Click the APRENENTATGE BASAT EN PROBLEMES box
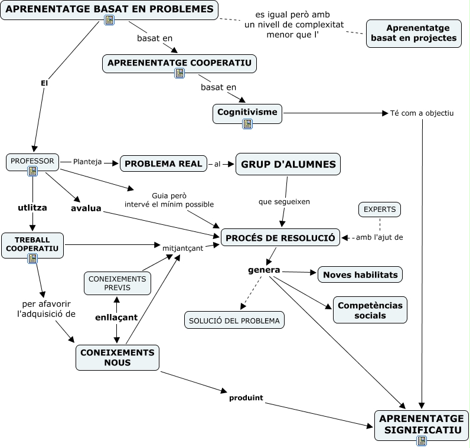point(109,10)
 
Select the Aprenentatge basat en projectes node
point(414,33)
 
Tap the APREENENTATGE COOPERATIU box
point(179,64)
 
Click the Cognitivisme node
point(247,113)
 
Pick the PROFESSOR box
point(32,162)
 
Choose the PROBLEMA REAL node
point(164,163)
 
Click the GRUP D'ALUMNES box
point(288,164)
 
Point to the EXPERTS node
point(380,210)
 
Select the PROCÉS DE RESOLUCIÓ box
point(280,238)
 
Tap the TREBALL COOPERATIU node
point(32,246)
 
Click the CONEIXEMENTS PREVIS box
point(117,283)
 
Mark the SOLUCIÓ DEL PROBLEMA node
point(234,320)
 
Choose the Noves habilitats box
point(360,274)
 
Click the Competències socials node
point(370,310)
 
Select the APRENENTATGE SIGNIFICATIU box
point(421,426)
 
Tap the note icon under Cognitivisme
point(247,124)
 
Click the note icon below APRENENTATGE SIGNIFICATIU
point(422,441)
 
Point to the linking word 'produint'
point(246,398)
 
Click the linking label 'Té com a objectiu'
point(422,113)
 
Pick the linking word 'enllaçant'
point(116,318)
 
